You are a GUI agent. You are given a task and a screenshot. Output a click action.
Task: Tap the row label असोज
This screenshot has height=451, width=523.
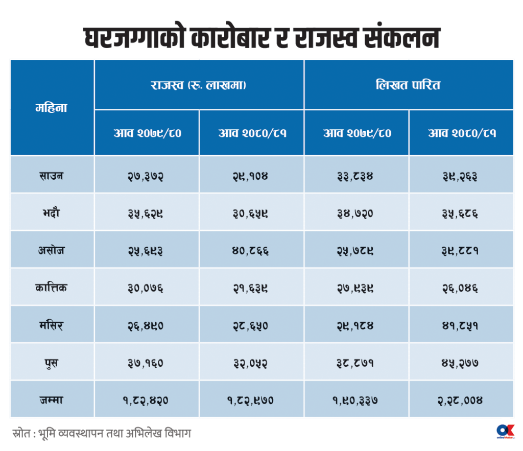pos(52,251)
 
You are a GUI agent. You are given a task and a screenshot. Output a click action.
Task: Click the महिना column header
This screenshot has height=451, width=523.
pos(52,108)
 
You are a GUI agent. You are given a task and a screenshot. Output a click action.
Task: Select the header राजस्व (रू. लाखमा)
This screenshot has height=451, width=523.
pos(199,85)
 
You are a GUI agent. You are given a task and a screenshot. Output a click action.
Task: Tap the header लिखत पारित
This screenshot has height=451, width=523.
pos(408,85)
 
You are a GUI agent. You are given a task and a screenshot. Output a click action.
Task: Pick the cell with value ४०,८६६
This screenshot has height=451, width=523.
pos(251,251)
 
